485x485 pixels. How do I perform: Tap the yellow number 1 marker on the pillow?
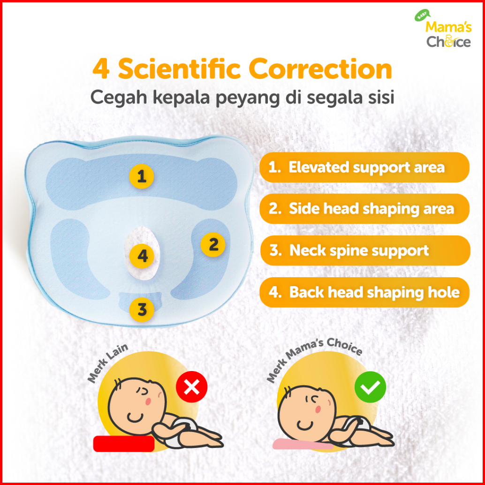pyautogui.click(x=141, y=176)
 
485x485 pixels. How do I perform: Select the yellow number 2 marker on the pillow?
pyautogui.click(x=213, y=245)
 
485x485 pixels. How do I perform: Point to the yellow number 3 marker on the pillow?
pyautogui.click(x=142, y=309)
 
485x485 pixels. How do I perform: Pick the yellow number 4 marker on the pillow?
pyautogui.click(x=142, y=256)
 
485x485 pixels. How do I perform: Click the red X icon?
pyautogui.click(x=191, y=386)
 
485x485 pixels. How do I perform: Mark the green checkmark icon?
pyautogui.click(x=370, y=387)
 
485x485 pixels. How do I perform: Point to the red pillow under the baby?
pyautogui.click(x=124, y=444)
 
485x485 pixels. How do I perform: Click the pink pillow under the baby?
pyautogui.click(x=303, y=444)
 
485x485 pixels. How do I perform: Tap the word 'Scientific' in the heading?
pyautogui.click(x=179, y=69)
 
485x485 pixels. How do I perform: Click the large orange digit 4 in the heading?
pyautogui.click(x=101, y=69)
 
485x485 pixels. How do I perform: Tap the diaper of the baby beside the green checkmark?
pyautogui.click(x=356, y=428)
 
